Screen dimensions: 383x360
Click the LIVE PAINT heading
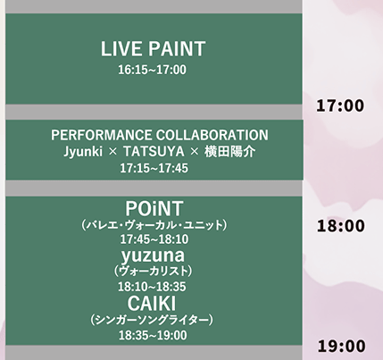[x=153, y=49]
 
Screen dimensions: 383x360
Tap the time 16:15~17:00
[x=153, y=70]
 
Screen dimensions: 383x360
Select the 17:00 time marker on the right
[x=340, y=105]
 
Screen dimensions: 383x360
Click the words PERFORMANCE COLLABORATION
[x=160, y=135]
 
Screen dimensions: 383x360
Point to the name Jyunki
[x=83, y=152]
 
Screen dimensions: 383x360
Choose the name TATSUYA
[x=154, y=152]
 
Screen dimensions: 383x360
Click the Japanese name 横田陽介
[x=229, y=152]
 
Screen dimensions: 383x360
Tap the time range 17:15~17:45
[x=154, y=168]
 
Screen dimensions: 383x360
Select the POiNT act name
[x=154, y=208]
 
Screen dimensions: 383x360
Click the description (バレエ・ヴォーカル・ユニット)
[x=154, y=225]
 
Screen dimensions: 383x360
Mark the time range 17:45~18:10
[x=154, y=239]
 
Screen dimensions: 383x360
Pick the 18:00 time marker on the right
[x=340, y=226]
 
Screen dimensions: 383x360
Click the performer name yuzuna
[x=153, y=255]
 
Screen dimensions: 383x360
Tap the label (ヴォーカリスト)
[x=153, y=271]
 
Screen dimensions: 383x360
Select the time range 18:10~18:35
[x=152, y=287]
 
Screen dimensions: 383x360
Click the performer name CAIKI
[x=152, y=304]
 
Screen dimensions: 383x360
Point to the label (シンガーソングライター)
[x=152, y=320]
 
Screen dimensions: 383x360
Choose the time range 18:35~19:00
[x=153, y=335]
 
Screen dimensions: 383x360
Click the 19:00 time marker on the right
[x=341, y=347]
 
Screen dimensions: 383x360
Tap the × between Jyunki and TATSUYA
[x=113, y=152]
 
